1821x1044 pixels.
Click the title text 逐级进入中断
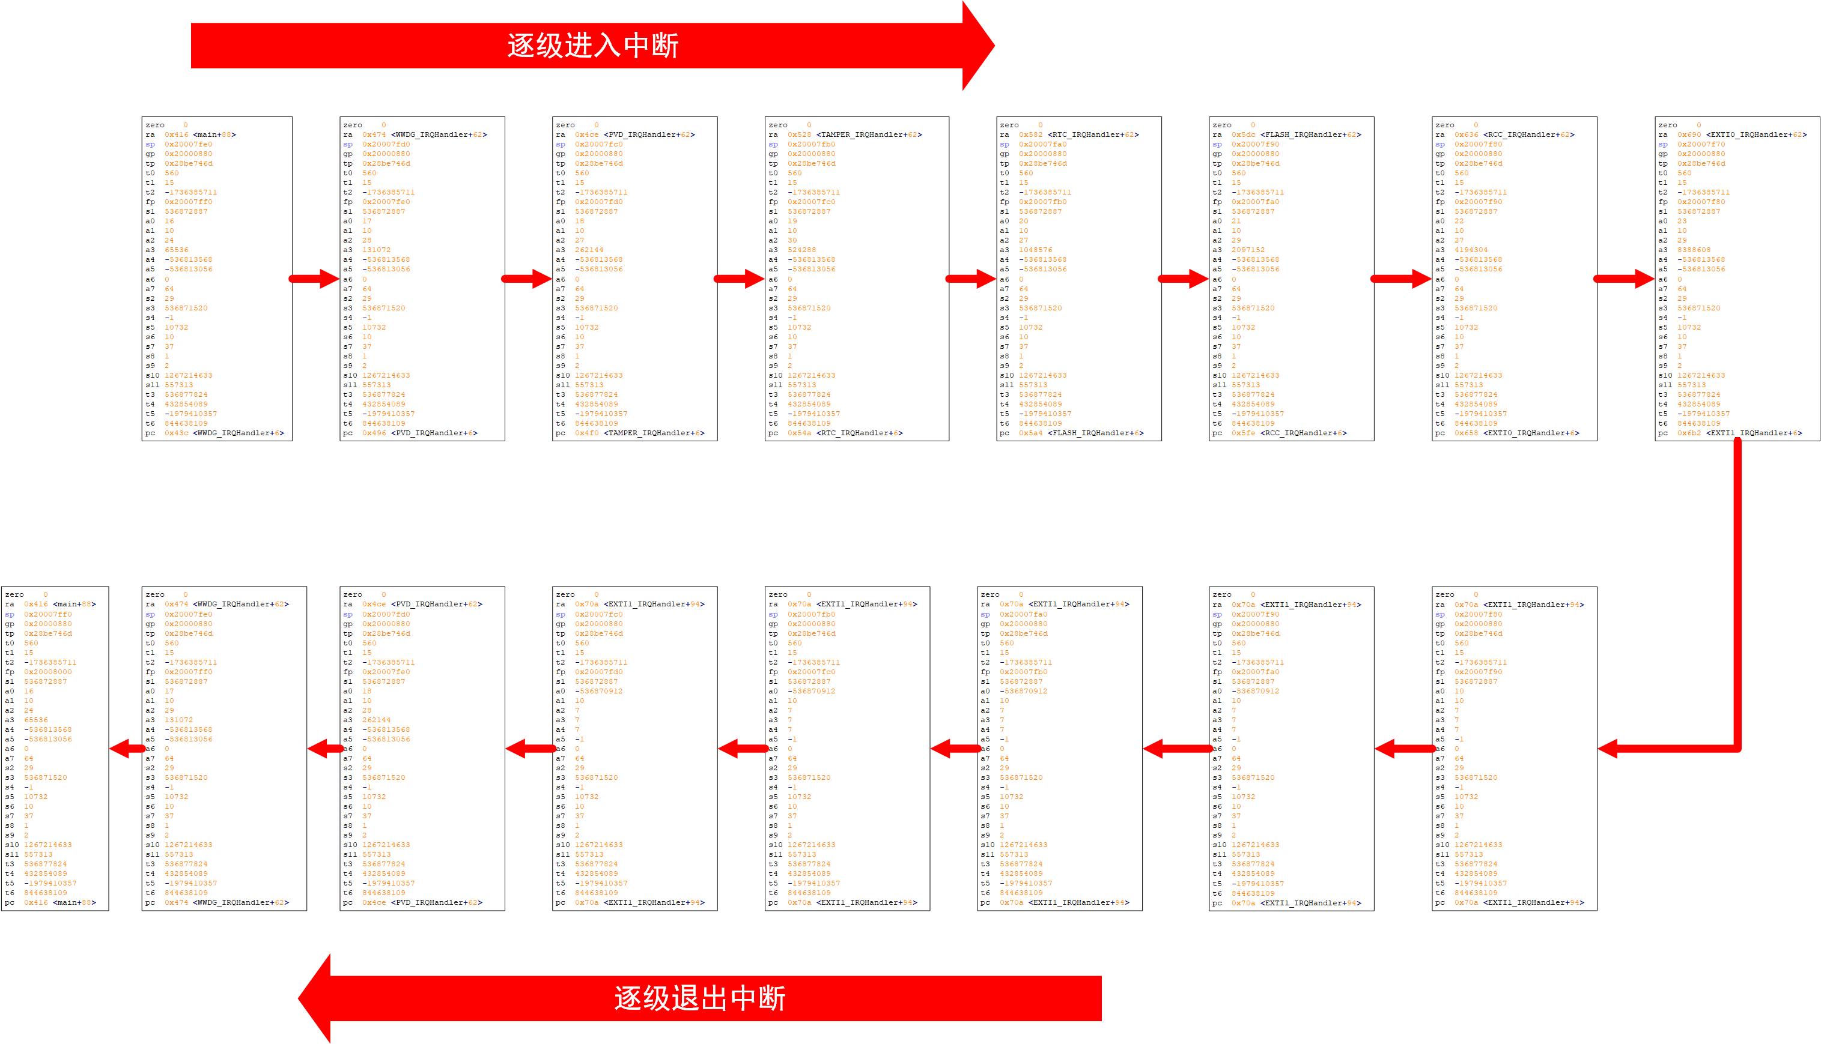pyautogui.click(x=592, y=46)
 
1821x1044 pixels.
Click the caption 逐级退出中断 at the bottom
pyautogui.click(x=699, y=998)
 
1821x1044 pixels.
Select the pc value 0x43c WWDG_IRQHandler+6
pyautogui.click(x=224, y=433)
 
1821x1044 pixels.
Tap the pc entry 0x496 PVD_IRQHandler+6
pyautogui.click(x=419, y=433)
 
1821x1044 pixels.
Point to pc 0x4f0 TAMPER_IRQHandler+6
pyautogui.click(x=639, y=433)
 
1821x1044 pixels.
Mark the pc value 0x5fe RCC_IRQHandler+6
pyautogui.click(x=1289, y=433)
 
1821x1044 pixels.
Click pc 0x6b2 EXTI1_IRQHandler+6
pyautogui.click(x=1739, y=433)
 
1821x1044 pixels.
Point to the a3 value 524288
pyautogui.click(x=801, y=250)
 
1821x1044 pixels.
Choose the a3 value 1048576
pyautogui.click(x=1035, y=250)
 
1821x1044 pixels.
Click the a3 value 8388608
pyautogui.click(x=1693, y=250)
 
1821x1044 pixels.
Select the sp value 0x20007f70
pyautogui.click(x=1700, y=144)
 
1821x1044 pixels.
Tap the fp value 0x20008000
pyautogui.click(x=47, y=672)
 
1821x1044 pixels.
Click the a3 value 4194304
pyautogui.click(x=1471, y=250)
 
